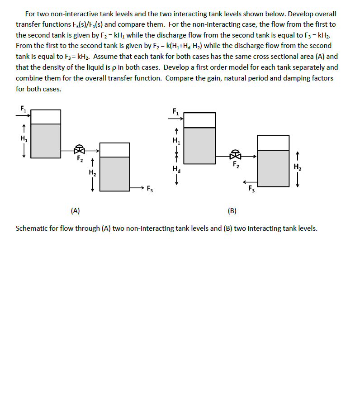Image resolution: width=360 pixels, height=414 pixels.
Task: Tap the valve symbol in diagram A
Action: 80,149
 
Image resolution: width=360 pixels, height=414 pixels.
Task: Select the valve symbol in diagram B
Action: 235,155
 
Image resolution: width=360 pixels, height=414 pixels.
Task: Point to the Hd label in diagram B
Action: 177,170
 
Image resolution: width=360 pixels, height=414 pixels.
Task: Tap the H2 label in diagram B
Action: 297,167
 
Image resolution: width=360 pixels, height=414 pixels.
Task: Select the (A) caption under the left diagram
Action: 76,210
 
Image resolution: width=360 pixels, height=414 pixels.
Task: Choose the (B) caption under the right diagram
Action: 232,210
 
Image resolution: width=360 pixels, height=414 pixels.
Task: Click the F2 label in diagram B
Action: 236,165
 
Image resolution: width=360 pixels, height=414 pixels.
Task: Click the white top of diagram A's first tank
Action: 46,117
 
